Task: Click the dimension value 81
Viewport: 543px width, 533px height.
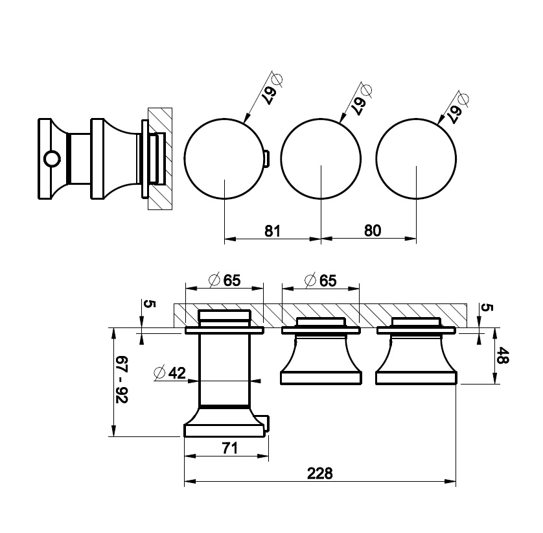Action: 272,231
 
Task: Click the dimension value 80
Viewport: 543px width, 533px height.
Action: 373,230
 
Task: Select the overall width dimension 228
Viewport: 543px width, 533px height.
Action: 319,473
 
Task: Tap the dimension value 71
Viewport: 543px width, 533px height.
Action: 229,448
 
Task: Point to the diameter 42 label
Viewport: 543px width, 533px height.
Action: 170,373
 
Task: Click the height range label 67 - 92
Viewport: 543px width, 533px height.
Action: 122,379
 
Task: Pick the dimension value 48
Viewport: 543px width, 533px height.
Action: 502,355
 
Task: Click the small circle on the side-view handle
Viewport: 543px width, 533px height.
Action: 52,159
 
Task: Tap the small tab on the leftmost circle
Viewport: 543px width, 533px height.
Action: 266,159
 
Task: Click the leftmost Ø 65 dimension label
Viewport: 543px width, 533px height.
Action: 225,280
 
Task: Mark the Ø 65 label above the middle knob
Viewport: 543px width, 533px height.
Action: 320,280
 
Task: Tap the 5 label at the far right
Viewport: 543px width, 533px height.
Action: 487,307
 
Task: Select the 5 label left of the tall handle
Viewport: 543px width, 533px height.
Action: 150,304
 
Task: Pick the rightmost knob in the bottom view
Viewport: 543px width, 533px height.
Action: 416,351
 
